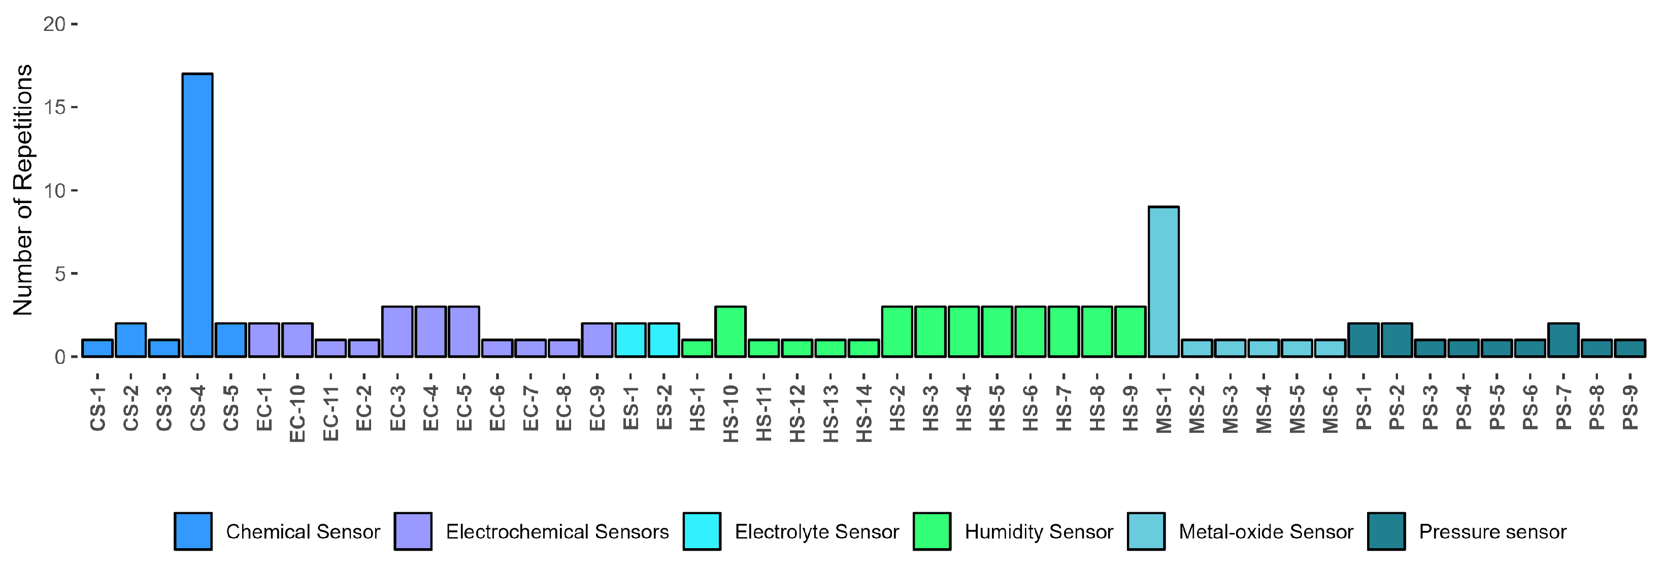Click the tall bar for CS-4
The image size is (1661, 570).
pyautogui.click(x=197, y=215)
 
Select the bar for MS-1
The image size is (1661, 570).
pyautogui.click(x=1163, y=281)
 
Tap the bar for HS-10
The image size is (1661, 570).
pyautogui.click(x=730, y=331)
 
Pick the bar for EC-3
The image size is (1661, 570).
pyautogui.click(x=397, y=331)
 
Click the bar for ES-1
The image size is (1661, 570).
pyautogui.click(x=630, y=340)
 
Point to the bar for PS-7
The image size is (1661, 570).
pyautogui.click(x=1563, y=340)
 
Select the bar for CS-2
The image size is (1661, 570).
pyautogui.click(x=131, y=340)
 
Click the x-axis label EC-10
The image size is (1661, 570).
pyautogui.click(x=297, y=414)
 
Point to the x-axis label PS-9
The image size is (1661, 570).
pyautogui.click(x=1630, y=408)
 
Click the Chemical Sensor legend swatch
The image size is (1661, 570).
pyautogui.click(x=193, y=531)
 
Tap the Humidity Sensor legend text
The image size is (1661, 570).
pyautogui.click(x=1038, y=531)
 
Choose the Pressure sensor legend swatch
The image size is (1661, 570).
pyautogui.click(x=1386, y=531)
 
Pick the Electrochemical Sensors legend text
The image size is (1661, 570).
pyautogui.click(x=557, y=531)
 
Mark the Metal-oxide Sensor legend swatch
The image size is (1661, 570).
pyautogui.click(x=1146, y=531)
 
